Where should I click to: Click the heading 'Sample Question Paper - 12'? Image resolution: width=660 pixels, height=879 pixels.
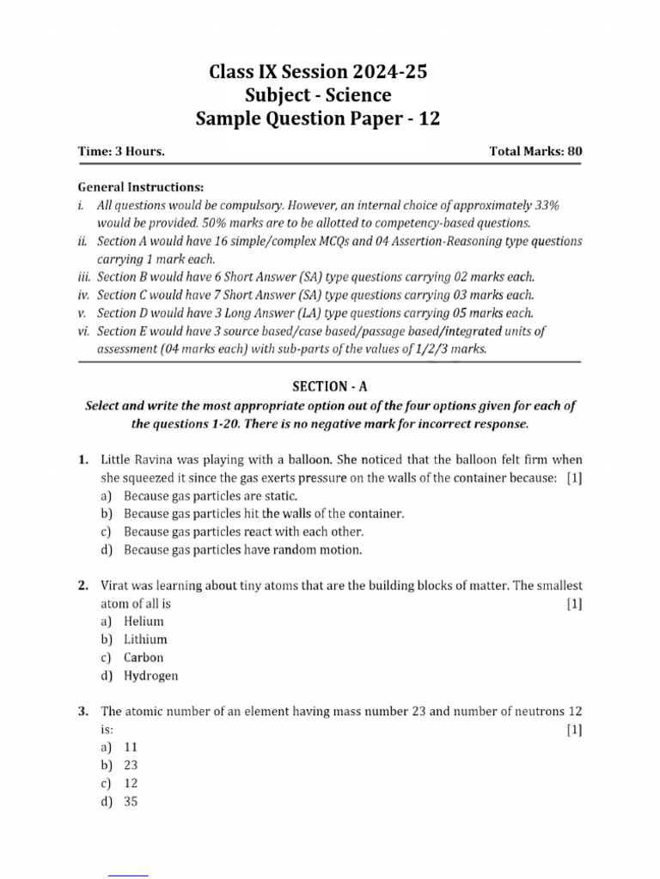click(x=318, y=118)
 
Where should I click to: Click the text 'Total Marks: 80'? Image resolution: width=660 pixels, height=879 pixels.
click(x=535, y=151)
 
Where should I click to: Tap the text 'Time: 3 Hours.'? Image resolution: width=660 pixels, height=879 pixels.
click(x=121, y=151)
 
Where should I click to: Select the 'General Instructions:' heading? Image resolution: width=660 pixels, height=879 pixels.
click(x=141, y=186)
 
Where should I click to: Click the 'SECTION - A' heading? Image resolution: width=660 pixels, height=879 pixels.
click(x=330, y=387)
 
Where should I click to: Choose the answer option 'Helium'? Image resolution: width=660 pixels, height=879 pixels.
click(x=144, y=621)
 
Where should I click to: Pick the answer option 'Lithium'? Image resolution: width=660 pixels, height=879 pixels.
click(x=145, y=640)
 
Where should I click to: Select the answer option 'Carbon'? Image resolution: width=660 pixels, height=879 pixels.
click(x=144, y=658)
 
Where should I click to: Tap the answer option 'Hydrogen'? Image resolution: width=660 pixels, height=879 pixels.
click(x=151, y=676)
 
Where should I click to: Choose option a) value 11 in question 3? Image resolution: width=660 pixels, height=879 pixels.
click(x=131, y=748)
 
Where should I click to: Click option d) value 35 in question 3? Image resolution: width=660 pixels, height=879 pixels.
click(x=131, y=802)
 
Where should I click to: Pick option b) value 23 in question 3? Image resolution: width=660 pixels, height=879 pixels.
click(x=131, y=766)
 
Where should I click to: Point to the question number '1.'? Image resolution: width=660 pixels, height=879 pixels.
click(x=83, y=459)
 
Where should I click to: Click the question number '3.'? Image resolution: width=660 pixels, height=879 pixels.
click(x=83, y=712)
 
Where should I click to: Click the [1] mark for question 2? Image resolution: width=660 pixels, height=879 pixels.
click(x=574, y=603)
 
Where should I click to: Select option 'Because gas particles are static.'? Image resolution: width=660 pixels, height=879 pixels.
click(x=211, y=496)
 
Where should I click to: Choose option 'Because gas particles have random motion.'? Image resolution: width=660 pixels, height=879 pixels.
click(x=243, y=549)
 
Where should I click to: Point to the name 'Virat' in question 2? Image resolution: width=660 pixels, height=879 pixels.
click(x=115, y=585)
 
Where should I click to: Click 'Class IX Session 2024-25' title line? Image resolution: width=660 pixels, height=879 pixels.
click(x=318, y=72)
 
